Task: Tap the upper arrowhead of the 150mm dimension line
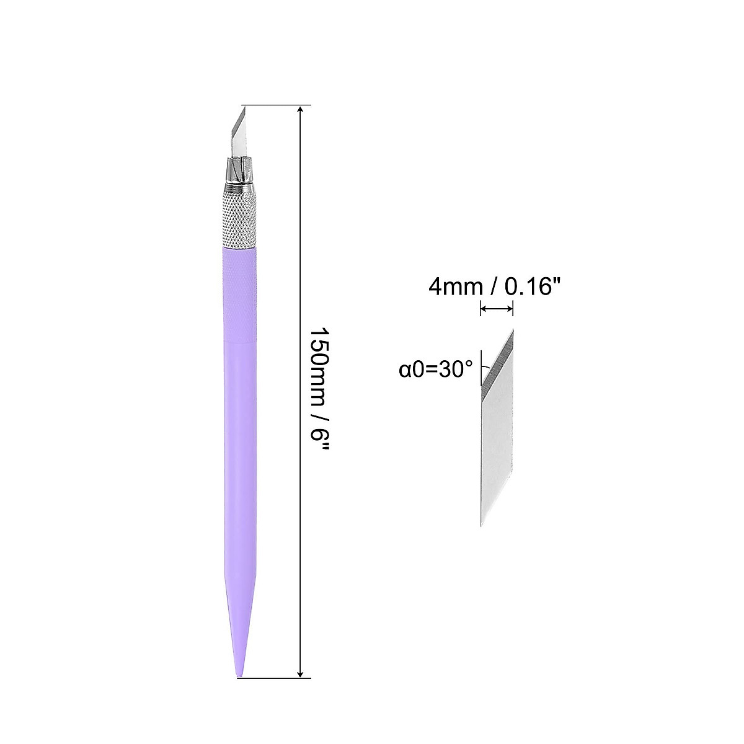coord(301,110)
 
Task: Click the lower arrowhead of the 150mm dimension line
coord(301,447)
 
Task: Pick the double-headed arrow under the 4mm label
coord(497,308)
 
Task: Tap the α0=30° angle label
coord(436,370)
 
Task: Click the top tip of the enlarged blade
coord(513,329)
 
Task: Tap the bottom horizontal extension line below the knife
coord(273,453)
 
